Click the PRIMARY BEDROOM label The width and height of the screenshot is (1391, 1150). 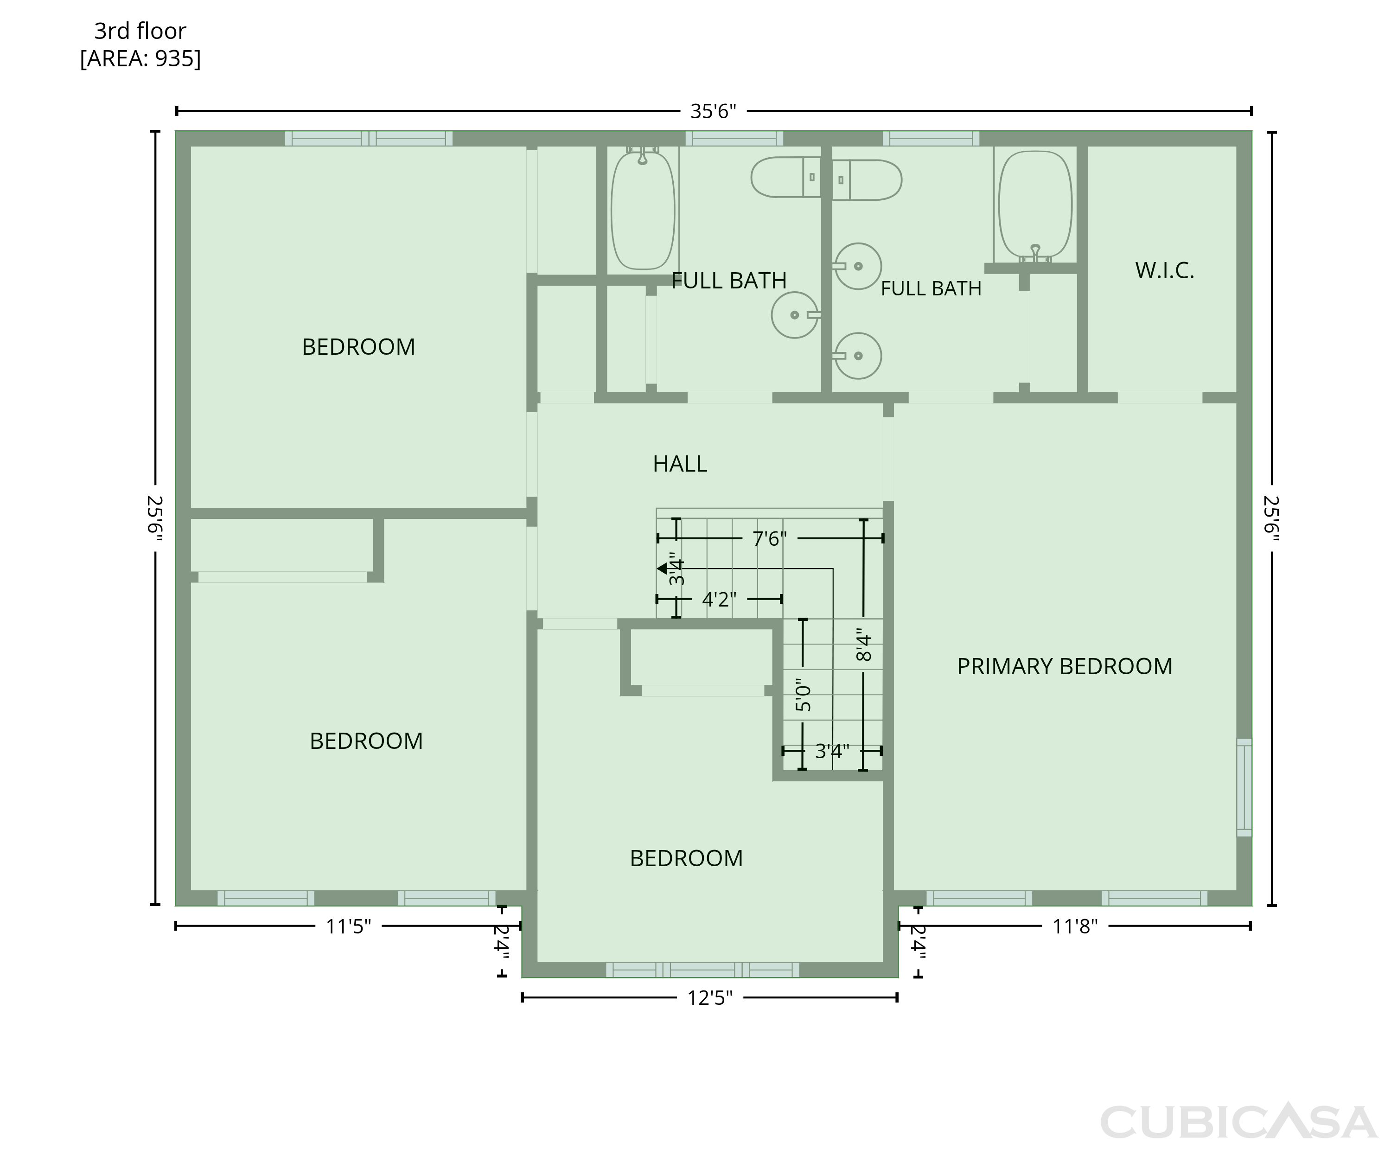[1065, 666]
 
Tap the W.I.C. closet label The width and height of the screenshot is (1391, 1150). [1164, 270]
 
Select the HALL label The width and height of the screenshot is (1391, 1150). [680, 464]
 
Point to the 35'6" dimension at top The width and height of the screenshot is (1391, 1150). [714, 111]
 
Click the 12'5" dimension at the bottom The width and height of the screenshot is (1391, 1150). [710, 997]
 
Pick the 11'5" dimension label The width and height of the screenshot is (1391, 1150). [348, 926]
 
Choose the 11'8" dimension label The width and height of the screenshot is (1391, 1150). [1075, 926]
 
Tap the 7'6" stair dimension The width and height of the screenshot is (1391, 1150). [770, 538]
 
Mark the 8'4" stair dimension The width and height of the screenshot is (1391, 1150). [864, 645]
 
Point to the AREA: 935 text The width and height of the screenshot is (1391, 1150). [140, 59]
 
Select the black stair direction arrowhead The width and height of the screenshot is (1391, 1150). [662, 569]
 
